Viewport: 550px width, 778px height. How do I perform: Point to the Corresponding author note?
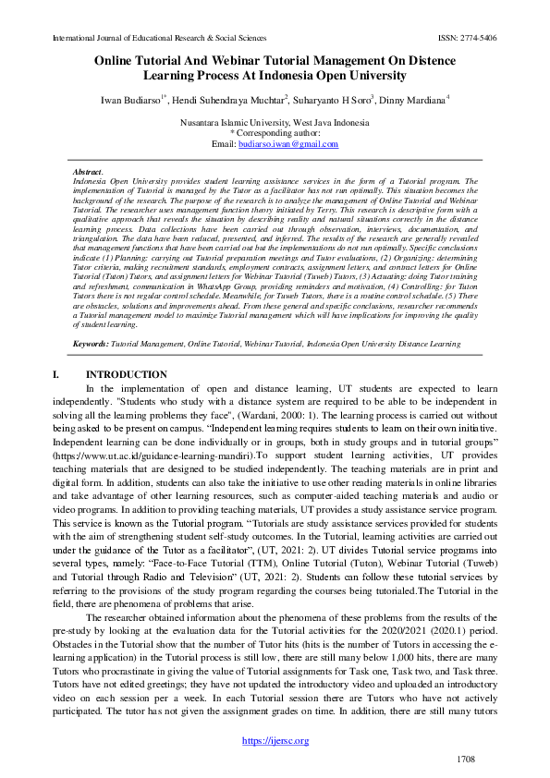[x=275, y=133]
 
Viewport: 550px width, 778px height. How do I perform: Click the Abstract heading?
[x=88, y=173]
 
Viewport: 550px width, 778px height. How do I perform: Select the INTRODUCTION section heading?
[x=127, y=375]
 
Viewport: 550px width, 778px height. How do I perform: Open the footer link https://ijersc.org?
[x=275, y=740]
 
